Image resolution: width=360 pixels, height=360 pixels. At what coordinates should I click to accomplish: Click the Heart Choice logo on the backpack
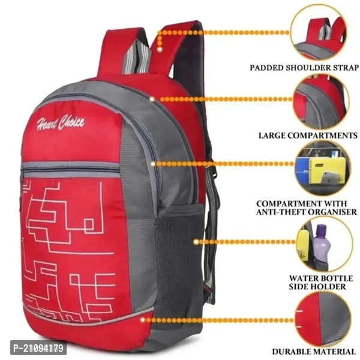coord(60,124)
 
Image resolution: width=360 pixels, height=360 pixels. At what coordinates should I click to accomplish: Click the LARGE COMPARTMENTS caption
coord(308,136)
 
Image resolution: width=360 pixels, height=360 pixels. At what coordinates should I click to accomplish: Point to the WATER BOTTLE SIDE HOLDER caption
coord(317,283)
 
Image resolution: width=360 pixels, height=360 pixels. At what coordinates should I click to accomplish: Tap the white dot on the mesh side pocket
coord(196,242)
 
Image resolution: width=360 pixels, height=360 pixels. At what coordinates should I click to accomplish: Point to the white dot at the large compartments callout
coord(152,97)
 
